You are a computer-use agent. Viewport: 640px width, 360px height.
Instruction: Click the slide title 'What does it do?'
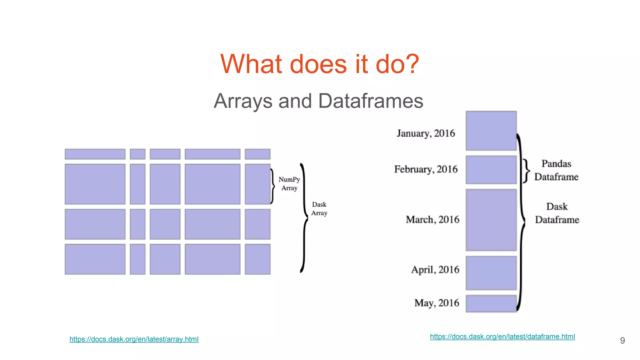click(319, 64)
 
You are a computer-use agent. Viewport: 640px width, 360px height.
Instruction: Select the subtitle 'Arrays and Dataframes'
click(318, 101)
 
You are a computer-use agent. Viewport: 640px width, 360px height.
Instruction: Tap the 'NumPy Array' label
click(289, 184)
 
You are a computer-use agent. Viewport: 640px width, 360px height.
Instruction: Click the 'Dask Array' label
click(319, 209)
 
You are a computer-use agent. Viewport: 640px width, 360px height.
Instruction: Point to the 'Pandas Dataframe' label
click(556, 170)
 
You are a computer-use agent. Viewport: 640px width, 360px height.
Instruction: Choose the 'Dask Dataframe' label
click(557, 213)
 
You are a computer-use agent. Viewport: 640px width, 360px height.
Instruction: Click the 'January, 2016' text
click(426, 133)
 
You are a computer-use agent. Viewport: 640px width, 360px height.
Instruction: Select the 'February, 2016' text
click(426, 169)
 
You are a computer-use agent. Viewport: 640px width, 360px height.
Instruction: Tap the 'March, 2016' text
click(432, 220)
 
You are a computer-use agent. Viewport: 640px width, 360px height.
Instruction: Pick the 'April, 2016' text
click(435, 270)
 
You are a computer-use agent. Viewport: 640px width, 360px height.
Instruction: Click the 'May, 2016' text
click(437, 303)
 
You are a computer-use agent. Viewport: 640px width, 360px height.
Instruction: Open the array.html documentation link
click(134, 339)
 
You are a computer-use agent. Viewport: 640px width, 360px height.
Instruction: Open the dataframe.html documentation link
click(502, 337)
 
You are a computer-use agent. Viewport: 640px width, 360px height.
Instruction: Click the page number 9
click(622, 341)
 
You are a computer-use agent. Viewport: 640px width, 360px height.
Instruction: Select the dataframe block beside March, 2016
click(491, 220)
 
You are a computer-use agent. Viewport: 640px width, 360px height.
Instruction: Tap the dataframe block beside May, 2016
click(491, 303)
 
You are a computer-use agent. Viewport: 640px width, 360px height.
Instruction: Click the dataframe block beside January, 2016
click(491, 131)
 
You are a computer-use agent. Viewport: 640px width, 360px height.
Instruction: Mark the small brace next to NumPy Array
click(272, 186)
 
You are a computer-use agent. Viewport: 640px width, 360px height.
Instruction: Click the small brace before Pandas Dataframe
click(527, 171)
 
